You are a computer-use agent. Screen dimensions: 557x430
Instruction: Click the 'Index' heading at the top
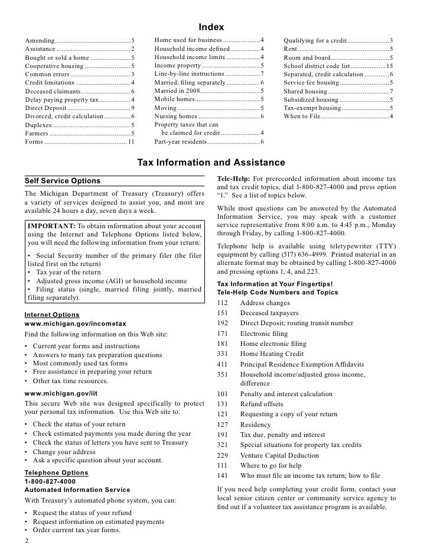click(211, 27)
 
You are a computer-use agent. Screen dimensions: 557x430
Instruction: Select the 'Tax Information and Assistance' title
click(211, 162)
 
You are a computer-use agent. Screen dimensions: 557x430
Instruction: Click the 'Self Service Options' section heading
click(63, 181)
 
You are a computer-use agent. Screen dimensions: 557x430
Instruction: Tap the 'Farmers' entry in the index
click(38, 134)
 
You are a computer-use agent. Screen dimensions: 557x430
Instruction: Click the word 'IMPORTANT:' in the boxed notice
click(51, 226)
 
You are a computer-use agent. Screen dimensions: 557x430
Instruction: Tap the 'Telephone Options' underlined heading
click(56, 473)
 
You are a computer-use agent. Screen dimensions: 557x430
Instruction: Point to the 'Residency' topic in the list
click(256, 425)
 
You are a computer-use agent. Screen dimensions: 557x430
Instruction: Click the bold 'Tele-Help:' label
click(234, 179)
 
